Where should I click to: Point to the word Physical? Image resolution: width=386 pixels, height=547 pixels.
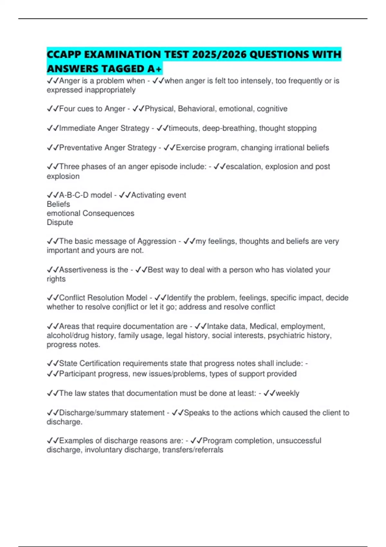(x=159, y=109)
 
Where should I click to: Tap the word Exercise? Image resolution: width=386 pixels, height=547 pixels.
(x=190, y=148)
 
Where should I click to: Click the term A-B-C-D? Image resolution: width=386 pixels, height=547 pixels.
(x=74, y=195)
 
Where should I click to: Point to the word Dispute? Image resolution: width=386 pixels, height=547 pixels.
(x=60, y=222)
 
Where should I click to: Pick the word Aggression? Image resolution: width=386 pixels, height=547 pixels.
(x=157, y=241)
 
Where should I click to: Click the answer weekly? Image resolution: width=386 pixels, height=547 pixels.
(x=287, y=393)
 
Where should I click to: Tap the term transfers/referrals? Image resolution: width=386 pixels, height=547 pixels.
(x=193, y=450)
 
